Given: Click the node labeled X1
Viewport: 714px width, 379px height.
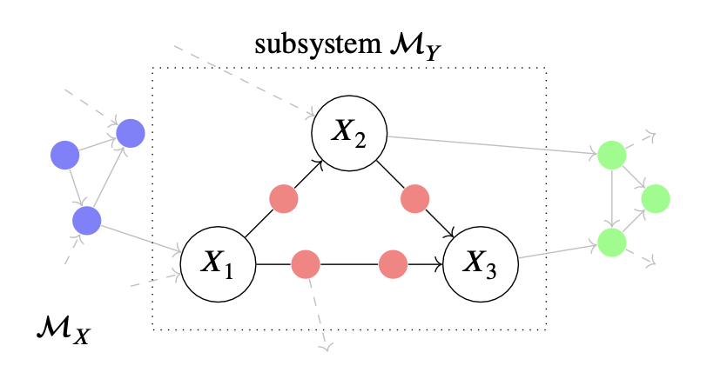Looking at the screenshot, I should (x=218, y=262).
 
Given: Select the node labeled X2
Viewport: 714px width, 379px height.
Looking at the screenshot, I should (x=350, y=134).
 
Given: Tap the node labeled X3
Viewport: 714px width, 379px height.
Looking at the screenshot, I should (x=482, y=262).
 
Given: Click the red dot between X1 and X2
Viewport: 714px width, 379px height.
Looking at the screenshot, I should (x=284, y=199).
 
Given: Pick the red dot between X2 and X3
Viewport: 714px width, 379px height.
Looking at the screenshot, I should (x=414, y=199).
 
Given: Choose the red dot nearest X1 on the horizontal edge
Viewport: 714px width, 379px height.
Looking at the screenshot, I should (x=306, y=263).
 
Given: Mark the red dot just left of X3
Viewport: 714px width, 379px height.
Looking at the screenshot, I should (x=394, y=263).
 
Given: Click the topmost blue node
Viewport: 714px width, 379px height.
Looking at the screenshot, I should (x=131, y=132).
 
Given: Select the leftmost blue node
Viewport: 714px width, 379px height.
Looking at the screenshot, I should (x=64, y=156).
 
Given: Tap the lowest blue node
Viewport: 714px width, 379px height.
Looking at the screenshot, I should (x=86, y=221).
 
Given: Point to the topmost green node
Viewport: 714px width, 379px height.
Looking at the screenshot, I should (x=612, y=156).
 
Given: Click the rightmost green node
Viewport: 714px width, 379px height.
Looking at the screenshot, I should (x=656, y=199).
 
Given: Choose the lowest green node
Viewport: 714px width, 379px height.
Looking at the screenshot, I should (x=612, y=241).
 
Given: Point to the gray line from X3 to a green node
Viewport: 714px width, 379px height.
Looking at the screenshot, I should (x=557, y=250).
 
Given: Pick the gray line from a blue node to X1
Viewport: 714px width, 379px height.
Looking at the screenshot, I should (x=139, y=237).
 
